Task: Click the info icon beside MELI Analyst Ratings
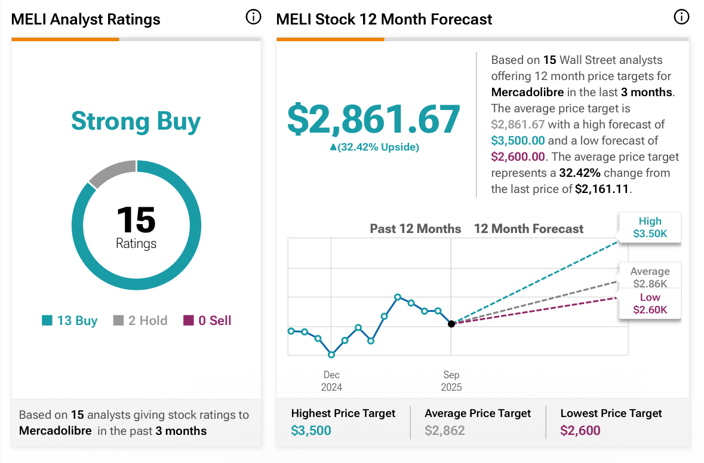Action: [253, 17]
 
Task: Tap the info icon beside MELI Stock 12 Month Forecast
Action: [681, 17]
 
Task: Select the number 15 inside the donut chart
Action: [136, 220]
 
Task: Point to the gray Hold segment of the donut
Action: [112, 173]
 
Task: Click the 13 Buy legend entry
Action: [70, 321]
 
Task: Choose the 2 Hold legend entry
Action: [140, 321]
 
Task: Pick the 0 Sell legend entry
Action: [207, 321]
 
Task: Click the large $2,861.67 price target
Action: [374, 119]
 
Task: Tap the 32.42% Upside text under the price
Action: [374, 147]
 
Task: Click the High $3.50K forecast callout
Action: [650, 228]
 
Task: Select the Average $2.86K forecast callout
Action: [650, 277]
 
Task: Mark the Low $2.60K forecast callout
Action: [650, 303]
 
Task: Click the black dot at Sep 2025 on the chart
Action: [451, 324]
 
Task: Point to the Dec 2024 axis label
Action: [331, 381]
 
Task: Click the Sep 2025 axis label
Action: [451, 381]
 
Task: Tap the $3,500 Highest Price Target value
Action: [311, 430]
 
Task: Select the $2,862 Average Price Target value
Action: [444, 430]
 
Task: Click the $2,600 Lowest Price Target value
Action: [580, 430]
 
